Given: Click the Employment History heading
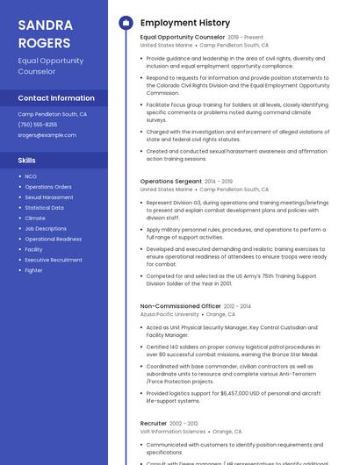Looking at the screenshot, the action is click(184, 23).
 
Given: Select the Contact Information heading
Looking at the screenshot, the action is click(56, 97).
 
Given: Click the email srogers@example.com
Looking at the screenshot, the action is click(47, 135).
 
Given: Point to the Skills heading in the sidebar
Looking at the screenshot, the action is click(27, 161).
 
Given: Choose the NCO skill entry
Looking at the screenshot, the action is click(31, 176).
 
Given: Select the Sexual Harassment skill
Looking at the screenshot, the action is click(49, 197).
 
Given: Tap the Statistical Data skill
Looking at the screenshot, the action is click(44, 208).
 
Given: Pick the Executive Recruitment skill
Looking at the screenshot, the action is click(54, 260).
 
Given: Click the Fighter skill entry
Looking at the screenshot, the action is click(33, 270).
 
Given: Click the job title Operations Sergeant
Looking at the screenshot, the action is click(171, 181).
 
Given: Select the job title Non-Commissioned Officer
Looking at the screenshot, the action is click(181, 306).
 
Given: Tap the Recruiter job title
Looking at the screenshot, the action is click(154, 423).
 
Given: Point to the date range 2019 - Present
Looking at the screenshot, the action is click(245, 38).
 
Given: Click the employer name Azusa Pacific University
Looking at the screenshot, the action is click(169, 314).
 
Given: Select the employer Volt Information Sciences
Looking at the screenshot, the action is click(173, 431).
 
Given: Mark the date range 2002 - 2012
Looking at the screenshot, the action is click(184, 423).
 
